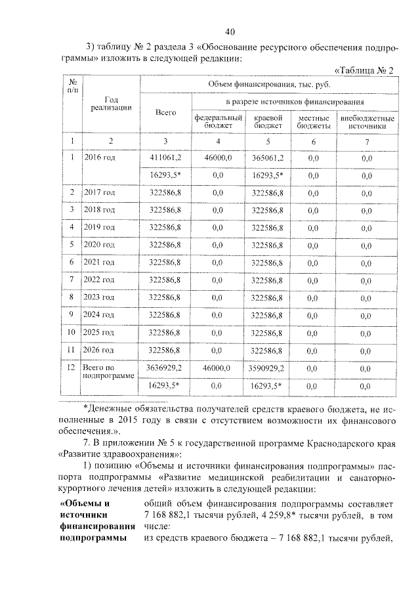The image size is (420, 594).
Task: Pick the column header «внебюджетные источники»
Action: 367,121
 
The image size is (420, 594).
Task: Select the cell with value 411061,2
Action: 166,158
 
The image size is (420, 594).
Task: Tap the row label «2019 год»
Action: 100,227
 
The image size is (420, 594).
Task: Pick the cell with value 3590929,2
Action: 266,369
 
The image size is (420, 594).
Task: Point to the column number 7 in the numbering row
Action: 367,141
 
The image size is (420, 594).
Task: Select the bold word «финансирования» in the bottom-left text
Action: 97,526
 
